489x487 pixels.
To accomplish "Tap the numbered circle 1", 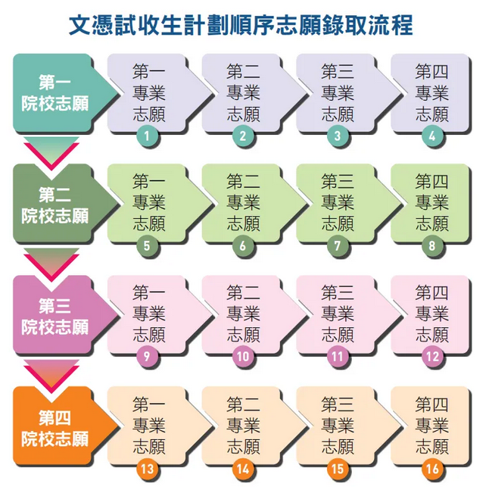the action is click(148, 137).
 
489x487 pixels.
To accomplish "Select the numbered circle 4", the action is click(432, 137).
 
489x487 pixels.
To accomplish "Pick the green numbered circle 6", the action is click(243, 246).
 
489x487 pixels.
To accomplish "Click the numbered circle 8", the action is click(432, 246).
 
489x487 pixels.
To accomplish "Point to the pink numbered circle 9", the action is click(148, 357).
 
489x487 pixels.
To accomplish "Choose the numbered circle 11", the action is click(338, 357).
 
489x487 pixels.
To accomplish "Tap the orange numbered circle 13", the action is click(148, 468).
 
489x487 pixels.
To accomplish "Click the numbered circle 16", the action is click(432, 468).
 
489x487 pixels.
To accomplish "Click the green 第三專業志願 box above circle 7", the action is click(336, 201).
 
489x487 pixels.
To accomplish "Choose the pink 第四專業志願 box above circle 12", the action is click(431, 312).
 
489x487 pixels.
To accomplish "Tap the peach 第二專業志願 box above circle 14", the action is click(241, 423).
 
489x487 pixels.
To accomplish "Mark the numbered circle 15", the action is click(338, 468).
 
